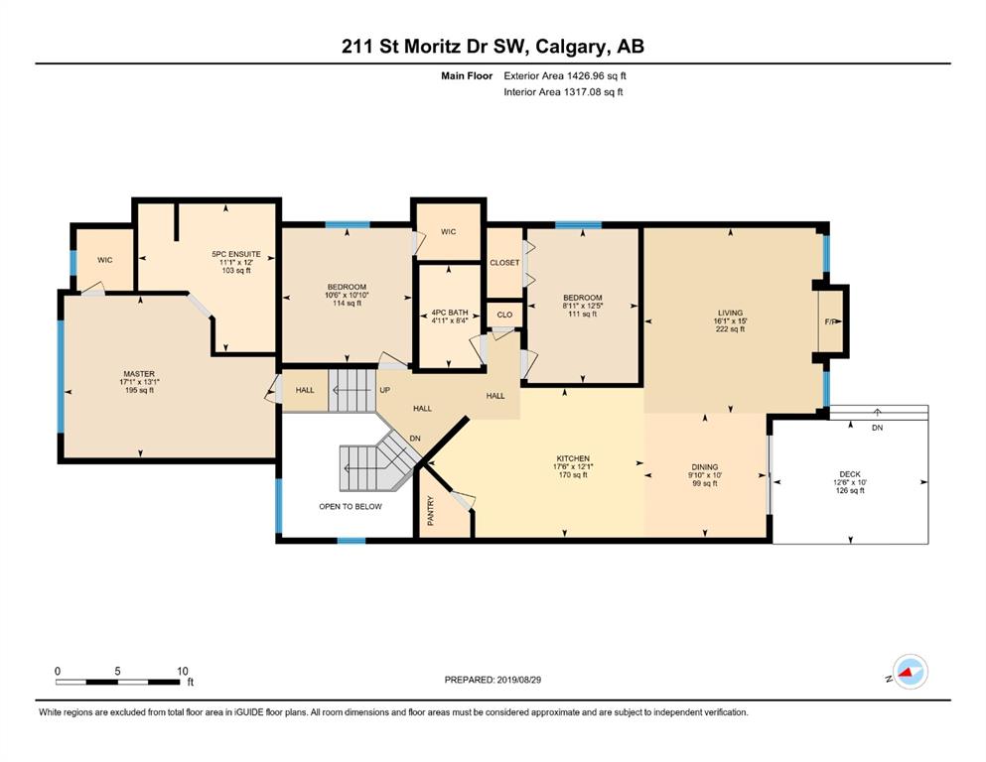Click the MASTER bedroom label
click(139, 374)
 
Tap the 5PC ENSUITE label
click(235, 254)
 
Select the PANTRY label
click(431, 511)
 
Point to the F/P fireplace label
click(831, 321)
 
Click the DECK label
click(850, 474)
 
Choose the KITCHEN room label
click(573, 458)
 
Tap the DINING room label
click(704, 466)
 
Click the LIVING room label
click(730, 313)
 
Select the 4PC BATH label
click(450, 313)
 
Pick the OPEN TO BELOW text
click(351, 506)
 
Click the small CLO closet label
click(505, 315)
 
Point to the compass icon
click(910, 672)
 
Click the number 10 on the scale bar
click(182, 671)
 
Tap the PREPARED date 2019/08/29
click(518, 680)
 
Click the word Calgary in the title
click(571, 47)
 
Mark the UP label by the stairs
click(385, 390)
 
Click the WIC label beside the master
click(105, 260)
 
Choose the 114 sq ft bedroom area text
click(347, 304)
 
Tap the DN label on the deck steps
click(877, 428)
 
